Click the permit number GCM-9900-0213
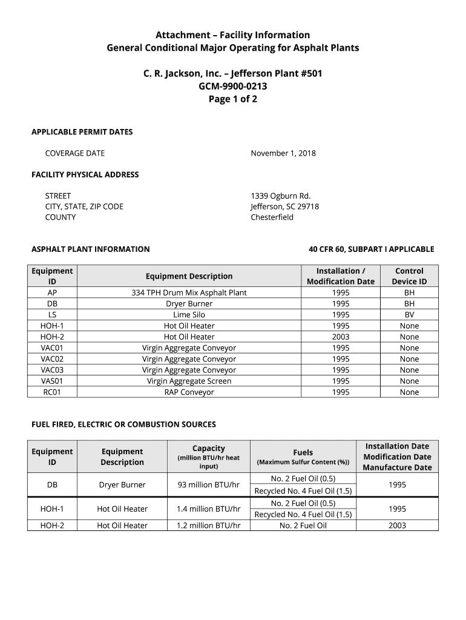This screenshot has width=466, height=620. (233, 87)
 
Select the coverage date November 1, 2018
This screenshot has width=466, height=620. (283, 153)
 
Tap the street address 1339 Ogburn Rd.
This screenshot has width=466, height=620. (280, 196)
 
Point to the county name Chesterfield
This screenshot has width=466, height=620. (272, 217)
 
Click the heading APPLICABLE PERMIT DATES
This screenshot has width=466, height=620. (82, 132)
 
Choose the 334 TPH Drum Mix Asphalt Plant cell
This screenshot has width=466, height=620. (189, 292)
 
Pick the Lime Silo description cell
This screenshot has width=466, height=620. (189, 315)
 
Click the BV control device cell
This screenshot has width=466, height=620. (409, 315)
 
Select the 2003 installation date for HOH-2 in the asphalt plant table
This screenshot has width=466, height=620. (341, 337)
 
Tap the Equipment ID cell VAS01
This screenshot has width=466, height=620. (52, 381)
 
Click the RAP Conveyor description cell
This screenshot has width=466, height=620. (189, 392)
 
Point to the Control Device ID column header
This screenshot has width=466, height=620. (409, 276)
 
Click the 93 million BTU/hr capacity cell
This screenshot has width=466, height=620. (208, 484)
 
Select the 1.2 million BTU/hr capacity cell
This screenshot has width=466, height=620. (208, 526)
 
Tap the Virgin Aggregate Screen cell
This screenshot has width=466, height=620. (189, 381)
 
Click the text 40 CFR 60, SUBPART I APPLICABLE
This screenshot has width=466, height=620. (371, 249)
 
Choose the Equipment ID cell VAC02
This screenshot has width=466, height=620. (52, 359)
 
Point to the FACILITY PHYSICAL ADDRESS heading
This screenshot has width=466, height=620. (85, 174)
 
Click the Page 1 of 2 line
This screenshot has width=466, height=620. (233, 99)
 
